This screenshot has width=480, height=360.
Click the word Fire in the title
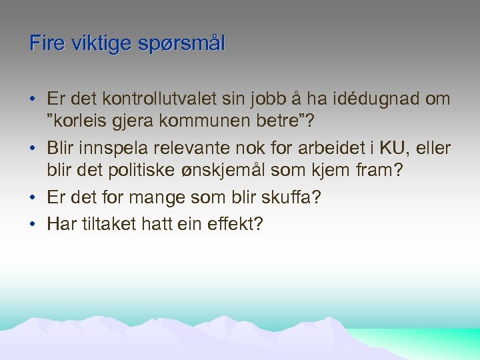(x=46, y=44)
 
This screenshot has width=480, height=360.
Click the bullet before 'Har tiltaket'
(x=33, y=225)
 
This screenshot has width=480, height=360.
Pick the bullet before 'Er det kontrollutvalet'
(x=33, y=100)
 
